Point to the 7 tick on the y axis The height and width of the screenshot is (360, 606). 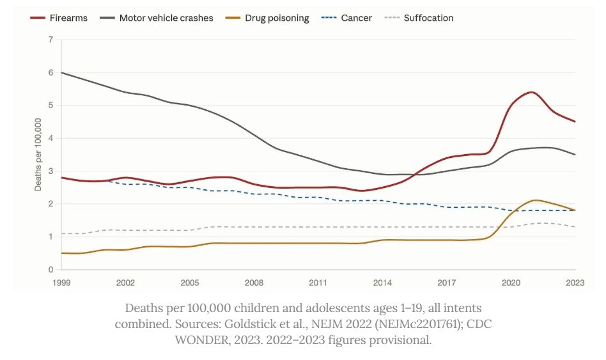[x=50, y=40]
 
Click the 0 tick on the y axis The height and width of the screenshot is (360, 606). [x=50, y=270]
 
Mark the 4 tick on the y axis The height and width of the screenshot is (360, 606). [x=50, y=138]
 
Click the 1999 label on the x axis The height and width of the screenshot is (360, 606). [x=61, y=281]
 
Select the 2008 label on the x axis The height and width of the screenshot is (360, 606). [x=254, y=281]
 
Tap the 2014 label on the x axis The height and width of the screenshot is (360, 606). [x=382, y=281]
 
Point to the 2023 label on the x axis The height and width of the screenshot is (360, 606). [x=575, y=281]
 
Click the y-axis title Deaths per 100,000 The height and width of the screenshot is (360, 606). [x=38, y=154]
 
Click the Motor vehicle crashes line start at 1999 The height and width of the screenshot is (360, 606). [x=61, y=72]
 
